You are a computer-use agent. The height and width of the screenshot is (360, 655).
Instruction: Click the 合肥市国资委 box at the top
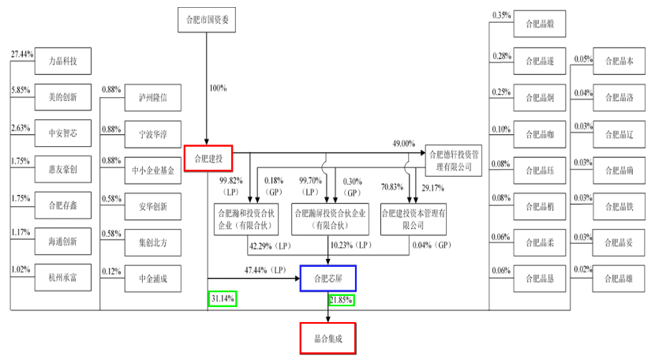click(208, 21)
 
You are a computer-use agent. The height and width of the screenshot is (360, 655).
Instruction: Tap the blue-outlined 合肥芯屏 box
click(328, 278)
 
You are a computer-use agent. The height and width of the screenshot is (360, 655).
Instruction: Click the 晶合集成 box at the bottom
click(328, 337)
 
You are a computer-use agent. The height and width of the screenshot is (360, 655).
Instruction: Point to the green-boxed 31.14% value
click(223, 299)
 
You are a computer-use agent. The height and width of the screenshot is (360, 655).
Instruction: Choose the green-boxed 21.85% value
click(341, 300)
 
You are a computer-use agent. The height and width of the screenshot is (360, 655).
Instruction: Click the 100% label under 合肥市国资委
click(217, 88)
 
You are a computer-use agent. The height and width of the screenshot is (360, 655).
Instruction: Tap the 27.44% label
click(22, 54)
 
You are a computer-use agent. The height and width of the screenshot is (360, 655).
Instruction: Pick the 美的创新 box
click(63, 97)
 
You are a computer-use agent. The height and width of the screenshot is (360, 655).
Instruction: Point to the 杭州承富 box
click(63, 278)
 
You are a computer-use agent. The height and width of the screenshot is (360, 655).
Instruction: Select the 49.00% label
click(404, 144)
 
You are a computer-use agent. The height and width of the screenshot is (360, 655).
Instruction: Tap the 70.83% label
click(391, 187)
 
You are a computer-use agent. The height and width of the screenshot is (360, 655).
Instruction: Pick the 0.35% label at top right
click(503, 16)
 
